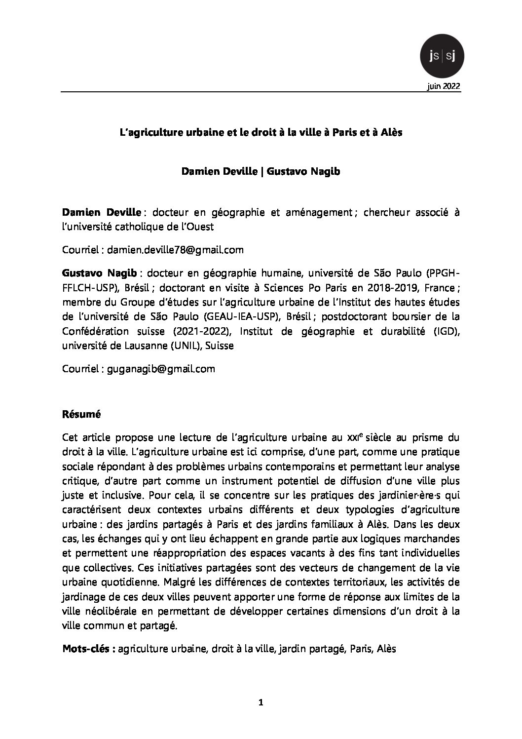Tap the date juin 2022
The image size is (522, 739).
444,86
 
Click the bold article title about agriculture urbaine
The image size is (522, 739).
261,132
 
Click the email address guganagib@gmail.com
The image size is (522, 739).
161,369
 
